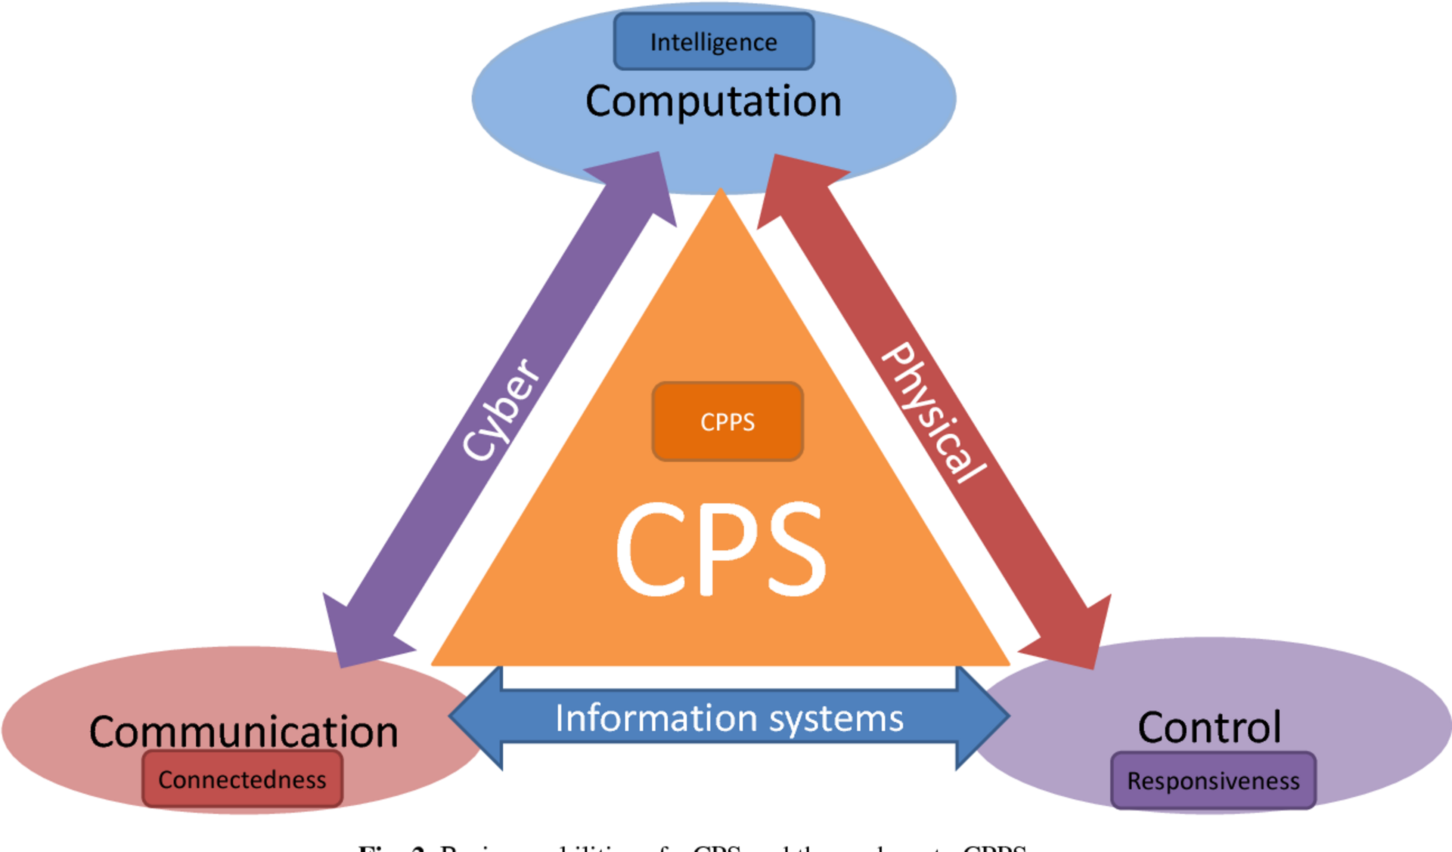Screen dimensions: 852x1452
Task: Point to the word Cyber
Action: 501,409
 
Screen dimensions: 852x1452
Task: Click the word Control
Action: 1209,728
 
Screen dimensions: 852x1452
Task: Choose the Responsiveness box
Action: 1213,781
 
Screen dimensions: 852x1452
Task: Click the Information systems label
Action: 729,718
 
